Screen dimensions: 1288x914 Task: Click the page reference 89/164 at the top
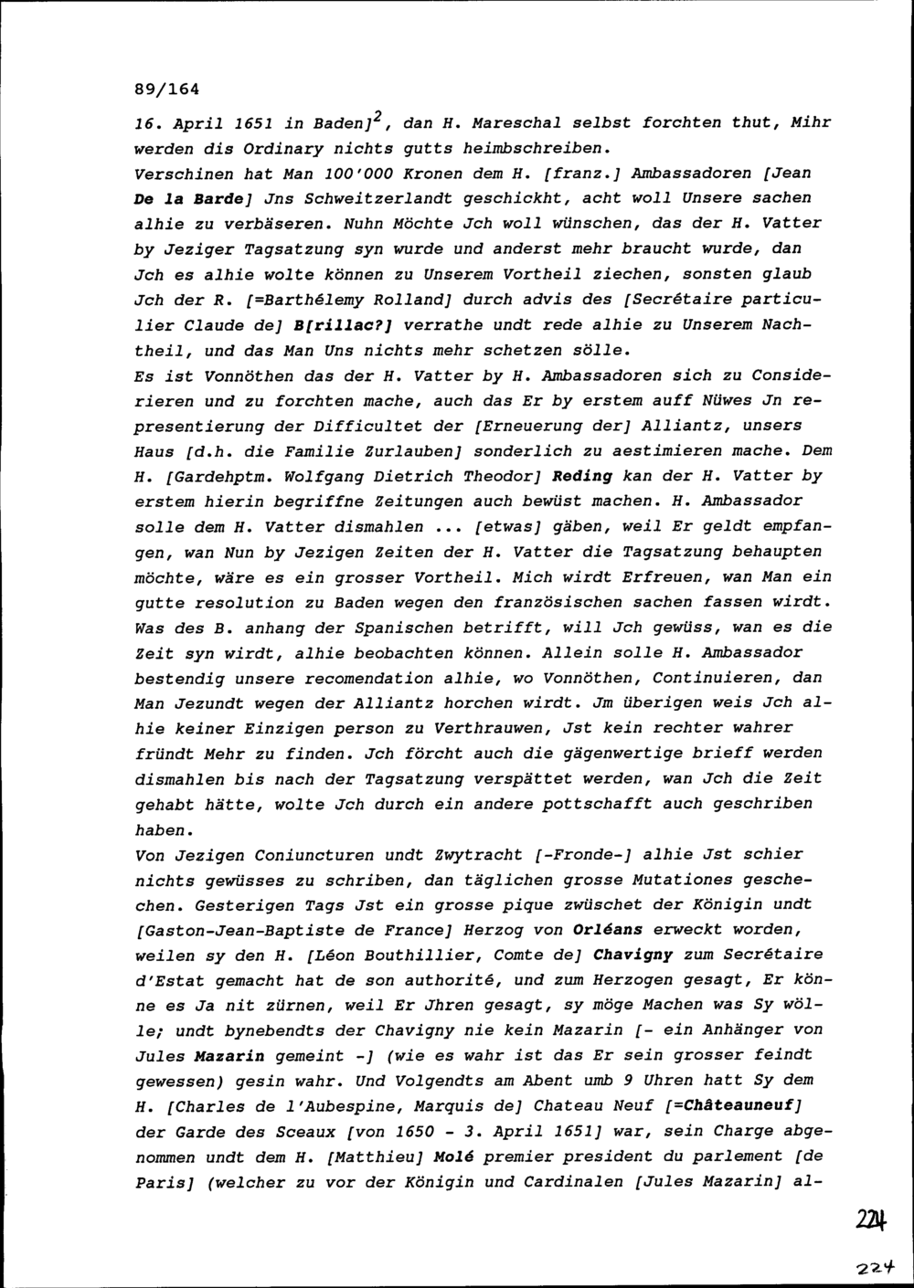tap(165, 90)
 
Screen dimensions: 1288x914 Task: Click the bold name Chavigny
tap(632, 955)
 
